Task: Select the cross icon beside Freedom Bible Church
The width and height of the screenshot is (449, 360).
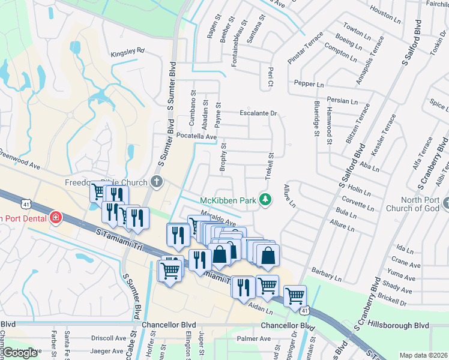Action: coord(157,181)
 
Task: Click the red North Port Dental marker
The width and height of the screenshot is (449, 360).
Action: coord(55,217)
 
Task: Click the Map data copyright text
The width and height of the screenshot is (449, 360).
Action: coord(423,355)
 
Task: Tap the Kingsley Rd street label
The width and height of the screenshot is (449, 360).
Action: coord(128,52)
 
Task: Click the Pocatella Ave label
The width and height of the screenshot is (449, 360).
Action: coord(196,137)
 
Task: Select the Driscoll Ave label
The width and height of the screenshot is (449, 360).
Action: coord(109,338)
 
